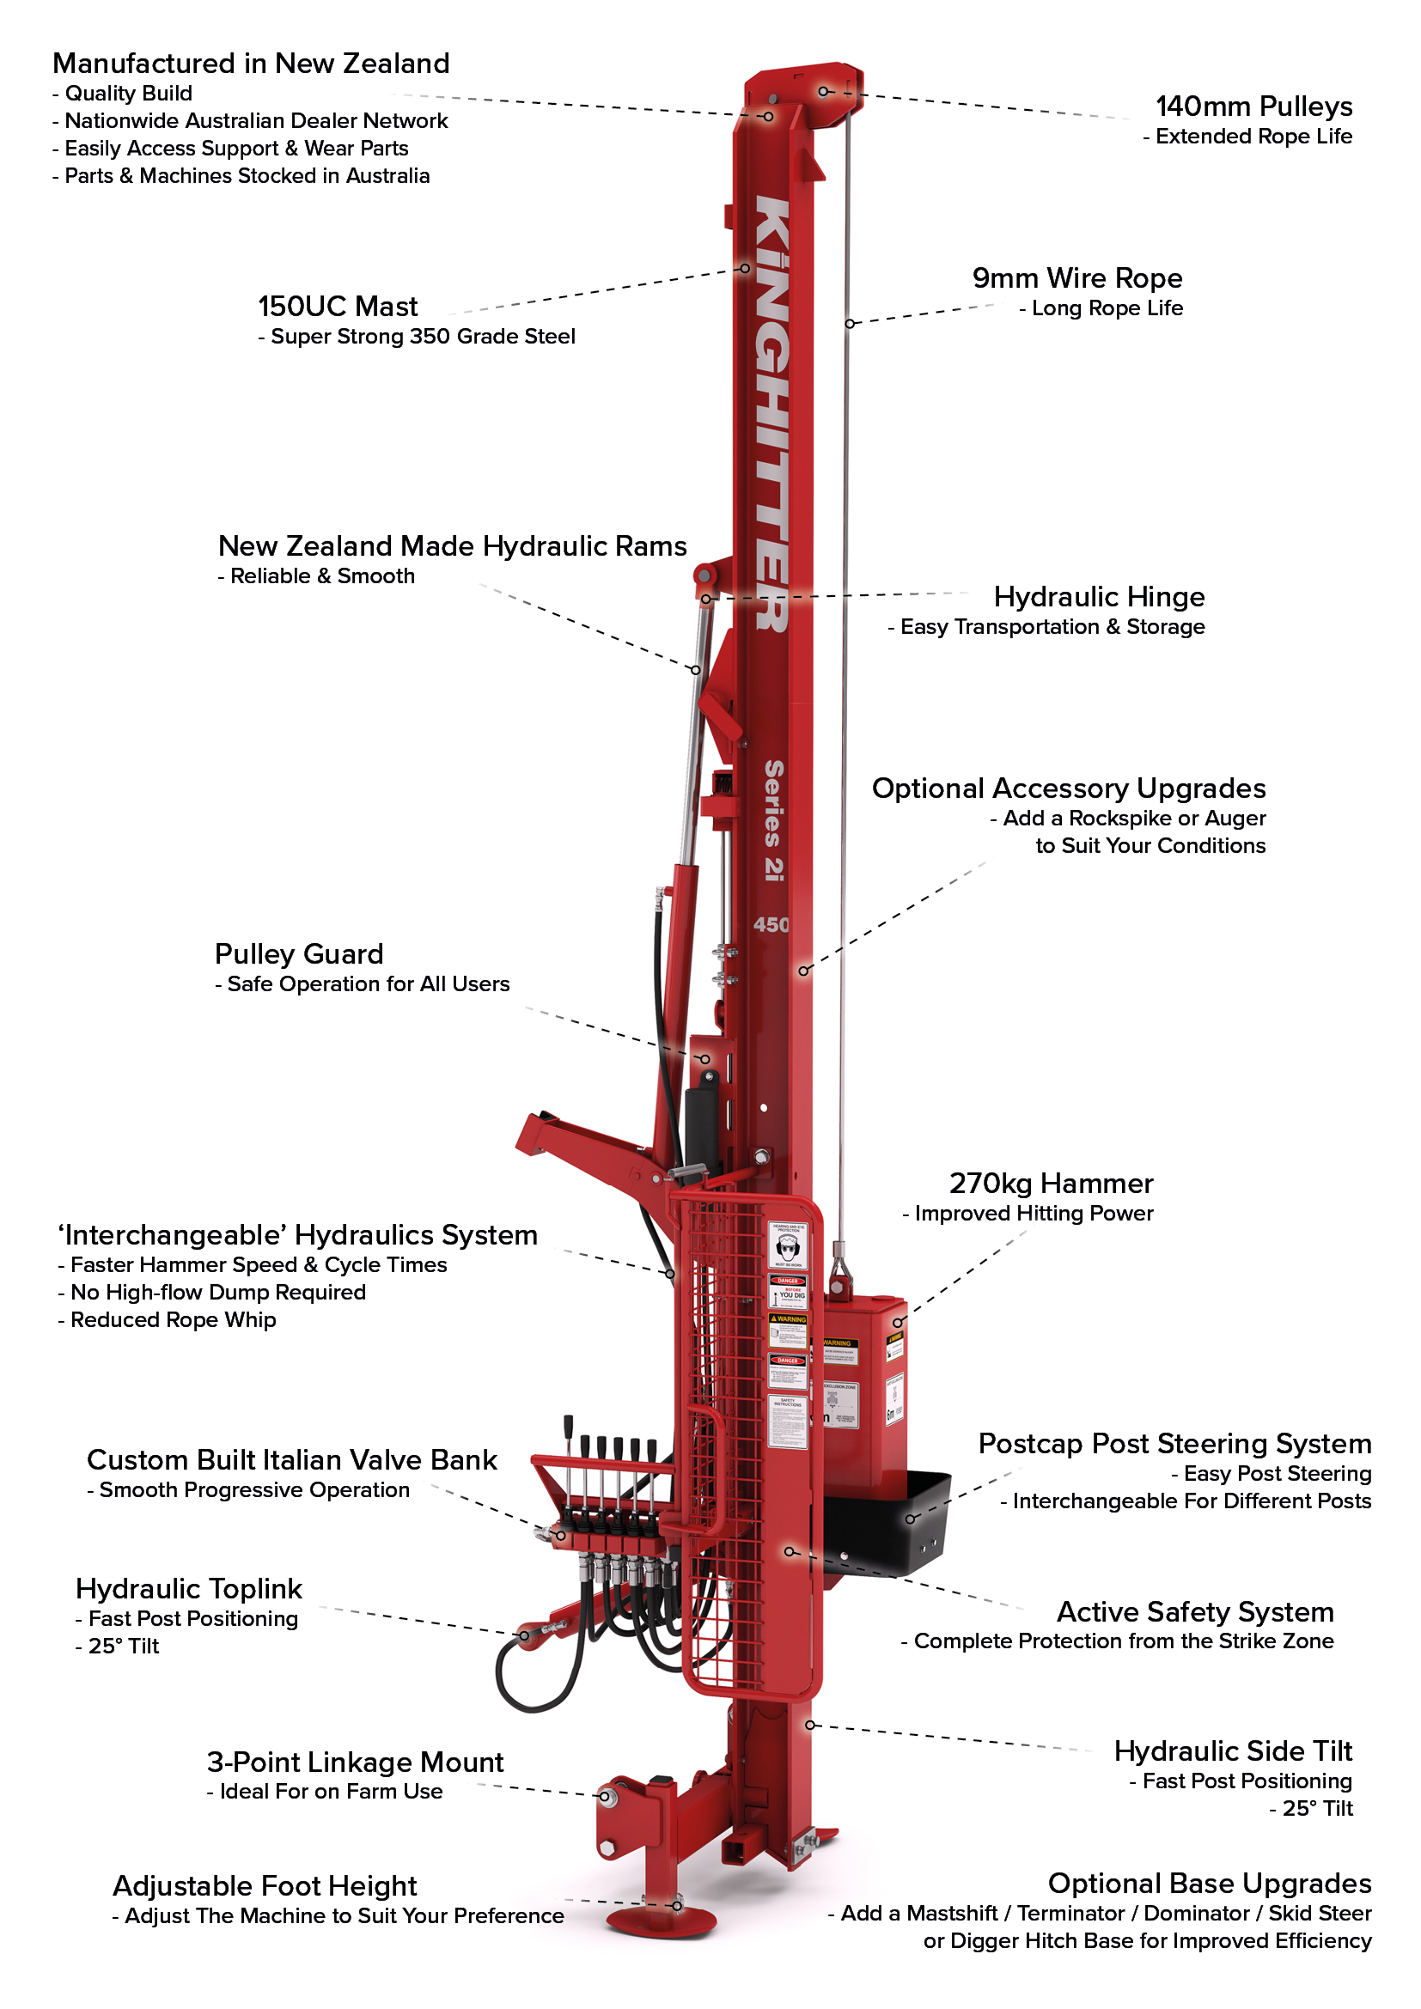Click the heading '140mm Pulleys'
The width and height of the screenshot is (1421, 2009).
click(1253, 107)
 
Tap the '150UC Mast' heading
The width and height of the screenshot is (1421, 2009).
click(338, 307)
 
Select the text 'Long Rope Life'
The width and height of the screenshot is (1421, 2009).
click(1106, 308)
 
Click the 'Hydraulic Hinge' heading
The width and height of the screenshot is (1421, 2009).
click(1098, 597)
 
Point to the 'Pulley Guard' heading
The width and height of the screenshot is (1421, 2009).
click(299, 953)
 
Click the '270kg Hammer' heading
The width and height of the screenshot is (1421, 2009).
click(1051, 1183)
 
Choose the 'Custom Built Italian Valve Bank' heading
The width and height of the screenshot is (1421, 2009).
click(291, 1459)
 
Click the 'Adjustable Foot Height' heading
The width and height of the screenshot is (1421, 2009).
click(265, 1885)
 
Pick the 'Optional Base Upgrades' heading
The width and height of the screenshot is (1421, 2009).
click(1209, 1883)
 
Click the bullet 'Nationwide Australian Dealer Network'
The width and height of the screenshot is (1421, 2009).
click(255, 121)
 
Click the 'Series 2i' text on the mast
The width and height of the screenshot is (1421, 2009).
click(773, 820)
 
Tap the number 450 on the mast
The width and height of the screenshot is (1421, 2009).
click(771, 925)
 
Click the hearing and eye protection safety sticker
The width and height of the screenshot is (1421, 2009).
click(788, 1245)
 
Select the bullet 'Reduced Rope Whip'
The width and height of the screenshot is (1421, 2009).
click(173, 1319)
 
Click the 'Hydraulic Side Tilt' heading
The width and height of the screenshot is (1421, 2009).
click(1232, 1750)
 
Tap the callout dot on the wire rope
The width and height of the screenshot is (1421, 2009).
click(849, 324)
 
